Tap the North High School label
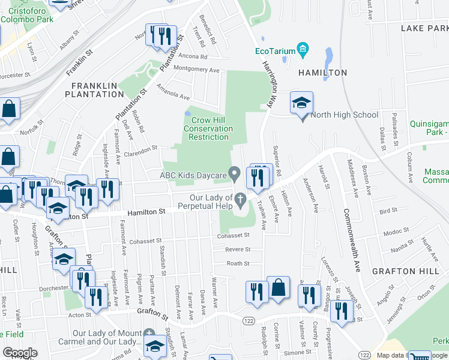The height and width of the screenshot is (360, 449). [x=345, y=115]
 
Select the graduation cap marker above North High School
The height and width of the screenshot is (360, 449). [x=301, y=103]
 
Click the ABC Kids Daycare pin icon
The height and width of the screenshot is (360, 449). [x=235, y=175]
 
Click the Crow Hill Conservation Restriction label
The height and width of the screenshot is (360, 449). [x=208, y=128]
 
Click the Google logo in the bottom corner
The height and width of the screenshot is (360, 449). [x=20, y=353]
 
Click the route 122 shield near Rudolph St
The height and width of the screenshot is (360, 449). [x=248, y=321]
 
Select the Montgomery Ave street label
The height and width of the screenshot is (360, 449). [x=196, y=70]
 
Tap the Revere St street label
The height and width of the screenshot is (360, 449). [x=238, y=249]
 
